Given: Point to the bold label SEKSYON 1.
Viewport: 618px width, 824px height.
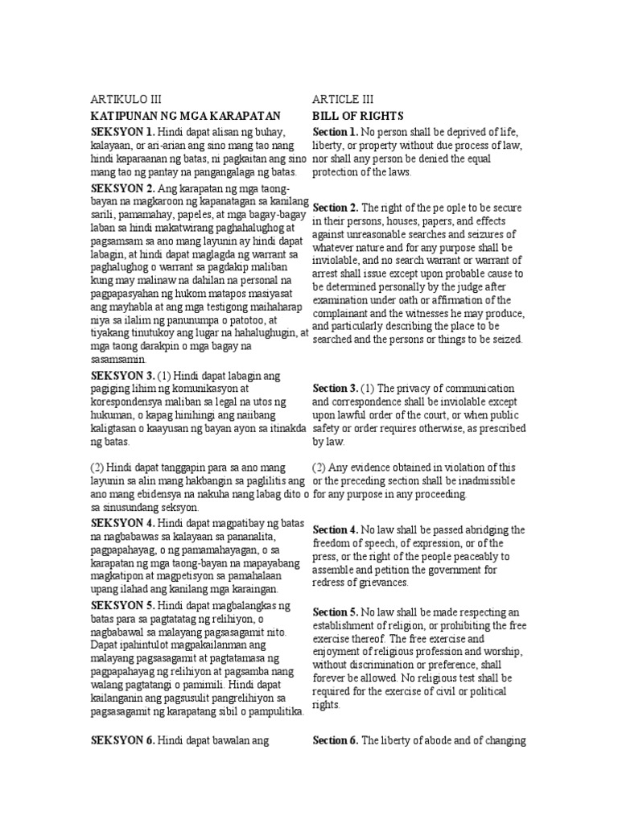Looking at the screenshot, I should [x=122, y=131].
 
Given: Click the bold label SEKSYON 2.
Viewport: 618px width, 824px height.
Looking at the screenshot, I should [x=122, y=188].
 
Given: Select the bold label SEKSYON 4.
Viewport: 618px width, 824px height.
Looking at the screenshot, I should [x=122, y=523].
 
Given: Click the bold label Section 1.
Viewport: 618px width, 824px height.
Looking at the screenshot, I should [x=335, y=131].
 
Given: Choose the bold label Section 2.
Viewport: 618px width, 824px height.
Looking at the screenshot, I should [x=335, y=208].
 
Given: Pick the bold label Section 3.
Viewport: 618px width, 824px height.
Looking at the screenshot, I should [x=335, y=389].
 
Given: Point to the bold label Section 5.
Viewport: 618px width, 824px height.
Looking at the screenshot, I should [x=335, y=611].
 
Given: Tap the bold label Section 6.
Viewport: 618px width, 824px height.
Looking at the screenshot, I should [x=335, y=740].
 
